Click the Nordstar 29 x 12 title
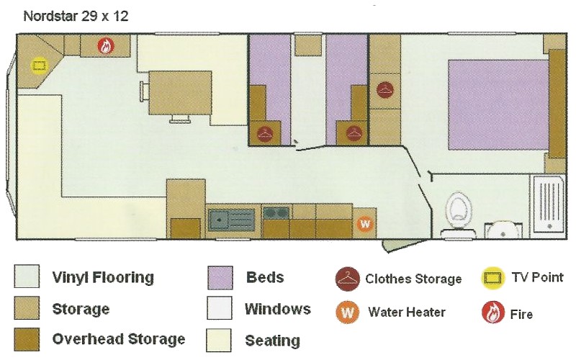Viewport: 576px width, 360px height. pos(76,16)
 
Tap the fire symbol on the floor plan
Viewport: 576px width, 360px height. pos(106,46)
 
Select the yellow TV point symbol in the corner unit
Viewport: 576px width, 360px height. pos(39,66)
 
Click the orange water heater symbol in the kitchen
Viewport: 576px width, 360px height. pos(365,223)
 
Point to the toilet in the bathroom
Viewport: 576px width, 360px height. pos(458,214)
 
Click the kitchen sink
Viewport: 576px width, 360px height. pos(231,220)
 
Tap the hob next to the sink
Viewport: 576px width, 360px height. pos(276,212)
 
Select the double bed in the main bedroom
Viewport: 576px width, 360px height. pos(498,105)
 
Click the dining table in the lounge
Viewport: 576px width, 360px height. pos(181,94)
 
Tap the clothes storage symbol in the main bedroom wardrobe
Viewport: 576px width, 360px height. pos(385,89)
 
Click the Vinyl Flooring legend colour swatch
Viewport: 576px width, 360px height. pos(27,276)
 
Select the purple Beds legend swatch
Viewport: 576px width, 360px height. pos(220,278)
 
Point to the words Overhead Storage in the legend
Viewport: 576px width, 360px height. pos(119,339)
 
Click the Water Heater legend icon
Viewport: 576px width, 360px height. pos(347,312)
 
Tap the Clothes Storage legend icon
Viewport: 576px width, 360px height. pos(347,279)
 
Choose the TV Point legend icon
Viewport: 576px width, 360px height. pos(492,277)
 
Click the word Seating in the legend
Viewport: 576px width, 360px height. pos(273,341)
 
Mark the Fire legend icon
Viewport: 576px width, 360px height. pos(492,312)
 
